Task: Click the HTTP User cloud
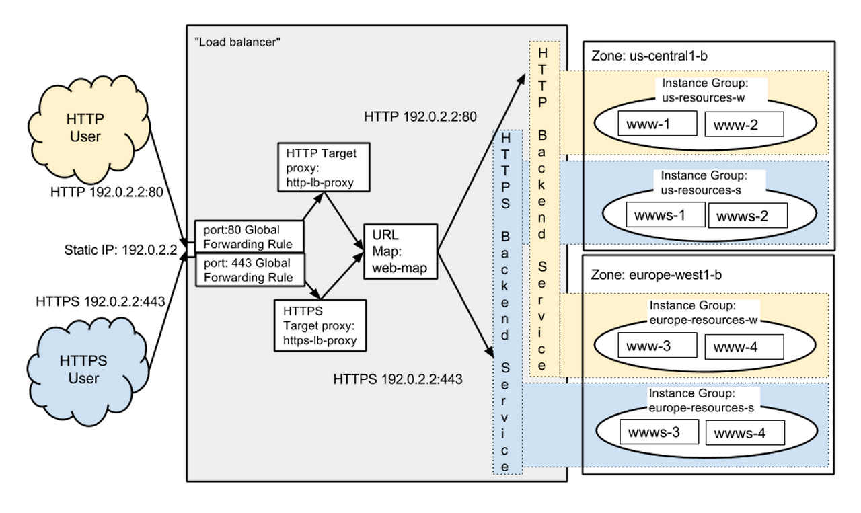click(x=84, y=127)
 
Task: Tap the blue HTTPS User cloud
click(x=84, y=369)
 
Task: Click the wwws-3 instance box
click(x=659, y=432)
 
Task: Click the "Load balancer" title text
click(x=236, y=42)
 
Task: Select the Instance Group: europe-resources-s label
click(x=700, y=401)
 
